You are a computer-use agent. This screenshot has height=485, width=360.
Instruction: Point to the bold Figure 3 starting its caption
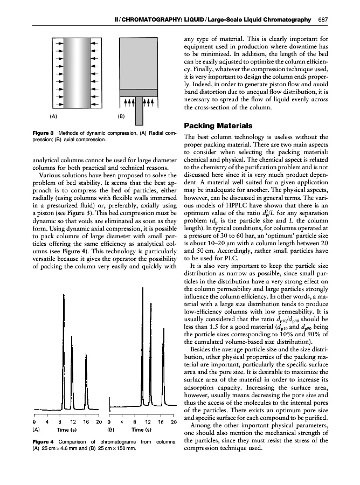(x=45, y=133)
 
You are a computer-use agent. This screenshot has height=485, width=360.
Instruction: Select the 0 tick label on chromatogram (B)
(x=110, y=422)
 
